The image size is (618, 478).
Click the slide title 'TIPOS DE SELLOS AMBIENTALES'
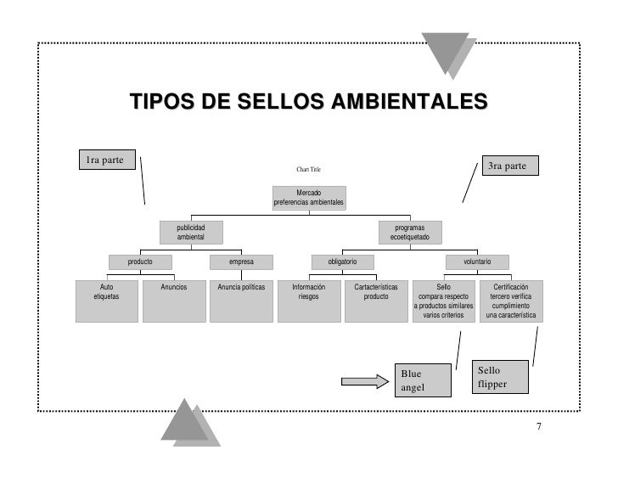pos(309,104)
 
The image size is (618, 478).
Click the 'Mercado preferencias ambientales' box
pos(308,198)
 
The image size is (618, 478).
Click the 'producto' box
pos(140,262)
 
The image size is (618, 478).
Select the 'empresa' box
pos(241,262)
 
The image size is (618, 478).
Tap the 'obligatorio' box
pos(342,262)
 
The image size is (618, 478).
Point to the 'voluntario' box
pos(477,262)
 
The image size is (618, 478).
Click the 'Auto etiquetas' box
pos(106,301)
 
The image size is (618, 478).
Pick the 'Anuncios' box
pos(174,301)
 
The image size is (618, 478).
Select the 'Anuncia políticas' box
pos(241,301)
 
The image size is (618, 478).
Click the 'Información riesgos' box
pos(308,301)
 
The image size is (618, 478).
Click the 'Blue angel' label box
pos(422,380)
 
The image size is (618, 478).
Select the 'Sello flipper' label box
pos(501,378)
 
